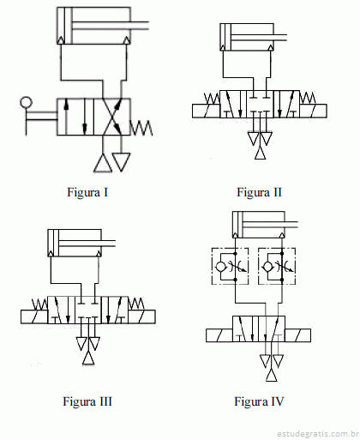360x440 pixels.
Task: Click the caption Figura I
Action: coord(87,192)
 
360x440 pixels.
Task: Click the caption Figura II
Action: coord(259,192)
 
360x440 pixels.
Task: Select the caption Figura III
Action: coord(87,401)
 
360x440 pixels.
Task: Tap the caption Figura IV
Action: coord(259,401)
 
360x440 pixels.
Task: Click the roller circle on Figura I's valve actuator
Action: coord(26,102)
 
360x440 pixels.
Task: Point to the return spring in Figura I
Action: coord(141,128)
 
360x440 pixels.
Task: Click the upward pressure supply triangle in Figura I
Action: coord(103,164)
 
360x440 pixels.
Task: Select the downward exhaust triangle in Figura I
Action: coord(121,162)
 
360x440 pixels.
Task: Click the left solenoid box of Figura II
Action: coord(206,111)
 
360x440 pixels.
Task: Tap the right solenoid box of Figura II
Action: coord(313,111)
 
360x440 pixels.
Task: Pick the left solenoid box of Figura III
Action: coord(34,316)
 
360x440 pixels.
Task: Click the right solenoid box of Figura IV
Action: coord(297,335)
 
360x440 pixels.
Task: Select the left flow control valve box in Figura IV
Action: coord(230,266)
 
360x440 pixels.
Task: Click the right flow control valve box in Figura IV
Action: coord(277,266)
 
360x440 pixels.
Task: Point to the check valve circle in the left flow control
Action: coord(220,267)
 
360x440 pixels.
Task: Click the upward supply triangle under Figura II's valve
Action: coord(260,153)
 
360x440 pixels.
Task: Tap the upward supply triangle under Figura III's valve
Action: coord(88,359)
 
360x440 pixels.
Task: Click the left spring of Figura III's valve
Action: coord(39,304)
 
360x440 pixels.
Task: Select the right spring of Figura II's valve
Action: coord(308,98)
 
